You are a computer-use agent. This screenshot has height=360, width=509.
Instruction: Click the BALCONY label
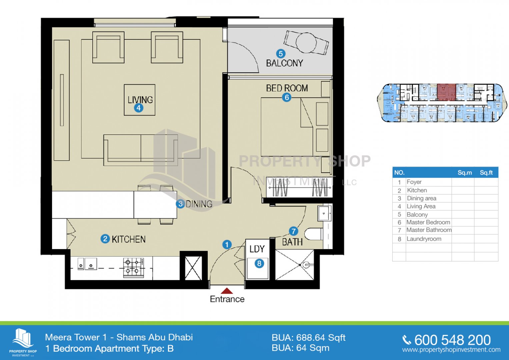(x=284, y=63)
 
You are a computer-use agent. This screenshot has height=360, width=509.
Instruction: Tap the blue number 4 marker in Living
(x=139, y=108)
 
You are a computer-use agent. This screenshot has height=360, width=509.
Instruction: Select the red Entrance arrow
(x=227, y=291)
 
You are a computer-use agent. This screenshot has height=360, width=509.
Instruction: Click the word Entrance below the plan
(x=227, y=299)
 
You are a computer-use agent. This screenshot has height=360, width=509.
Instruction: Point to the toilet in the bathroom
(x=314, y=234)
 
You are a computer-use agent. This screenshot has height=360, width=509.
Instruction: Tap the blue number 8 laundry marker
(x=259, y=263)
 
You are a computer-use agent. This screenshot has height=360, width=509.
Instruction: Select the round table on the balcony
(x=306, y=43)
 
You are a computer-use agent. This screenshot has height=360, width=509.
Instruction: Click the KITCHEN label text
(x=129, y=239)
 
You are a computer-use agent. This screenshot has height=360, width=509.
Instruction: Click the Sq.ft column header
(x=486, y=173)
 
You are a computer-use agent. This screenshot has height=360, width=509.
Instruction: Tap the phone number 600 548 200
(x=452, y=340)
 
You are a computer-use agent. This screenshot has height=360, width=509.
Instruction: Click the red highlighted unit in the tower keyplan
(x=447, y=92)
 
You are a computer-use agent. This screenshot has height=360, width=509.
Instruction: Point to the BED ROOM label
(x=287, y=88)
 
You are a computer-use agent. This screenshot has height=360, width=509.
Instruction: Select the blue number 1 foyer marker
(x=227, y=245)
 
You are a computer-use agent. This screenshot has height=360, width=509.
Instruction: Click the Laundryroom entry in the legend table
(x=424, y=239)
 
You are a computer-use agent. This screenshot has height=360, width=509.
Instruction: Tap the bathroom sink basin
(x=324, y=213)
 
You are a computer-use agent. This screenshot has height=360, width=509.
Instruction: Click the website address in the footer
(x=451, y=350)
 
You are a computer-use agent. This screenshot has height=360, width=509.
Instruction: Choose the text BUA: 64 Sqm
(x=300, y=348)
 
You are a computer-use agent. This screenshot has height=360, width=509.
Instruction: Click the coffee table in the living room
(x=140, y=100)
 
